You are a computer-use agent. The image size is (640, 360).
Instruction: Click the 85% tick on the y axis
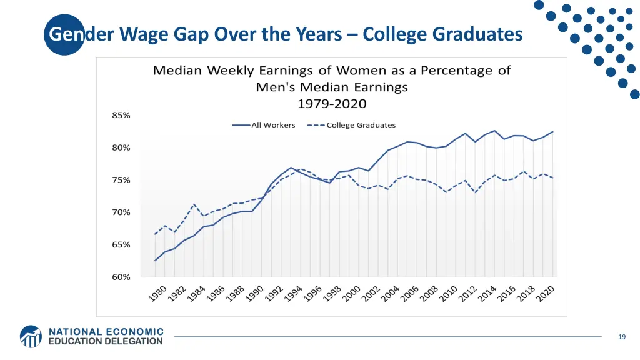pyautogui.click(x=121, y=116)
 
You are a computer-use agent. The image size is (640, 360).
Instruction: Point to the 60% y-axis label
pyautogui.click(x=121, y=277)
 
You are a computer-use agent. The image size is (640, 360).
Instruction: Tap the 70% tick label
pyautogui.click(x=121, y=212)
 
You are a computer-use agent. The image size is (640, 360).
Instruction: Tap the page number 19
pyautogui.click(x=621, y=337)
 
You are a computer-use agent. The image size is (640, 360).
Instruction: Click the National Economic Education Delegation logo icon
pyautogui.click(x=31, y=336)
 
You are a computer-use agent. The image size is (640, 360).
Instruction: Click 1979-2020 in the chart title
pyautogui.click(x=332, y=104)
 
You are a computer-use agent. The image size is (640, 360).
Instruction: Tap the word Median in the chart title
pyautogui.click(x=177, y=70)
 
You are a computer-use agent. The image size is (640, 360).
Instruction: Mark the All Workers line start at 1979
pyautogui.click(x=155, y=261)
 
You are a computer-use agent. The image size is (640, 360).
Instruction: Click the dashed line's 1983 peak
pyautogui.click(x=194, y=204)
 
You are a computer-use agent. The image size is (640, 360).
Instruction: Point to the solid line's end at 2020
pyautogui.click(x=553, y=132)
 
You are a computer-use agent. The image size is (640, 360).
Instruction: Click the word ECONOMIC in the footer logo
pyautogui.click(x=132, y=332)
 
